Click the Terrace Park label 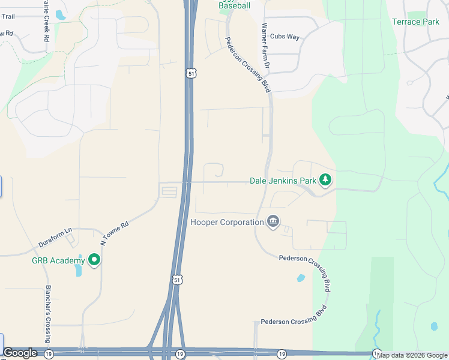click(415, 22)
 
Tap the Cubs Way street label click(285, 37)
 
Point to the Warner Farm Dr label click(267, 45)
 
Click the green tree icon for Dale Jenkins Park click(325, 179)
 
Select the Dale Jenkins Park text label click(283, 181)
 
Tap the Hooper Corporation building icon click(273, 222)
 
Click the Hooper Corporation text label click(227, 223)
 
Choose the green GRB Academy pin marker click(94, 260)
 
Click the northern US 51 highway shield click(190, 73)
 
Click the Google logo click(20, 353)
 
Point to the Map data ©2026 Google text click(412, 355)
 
